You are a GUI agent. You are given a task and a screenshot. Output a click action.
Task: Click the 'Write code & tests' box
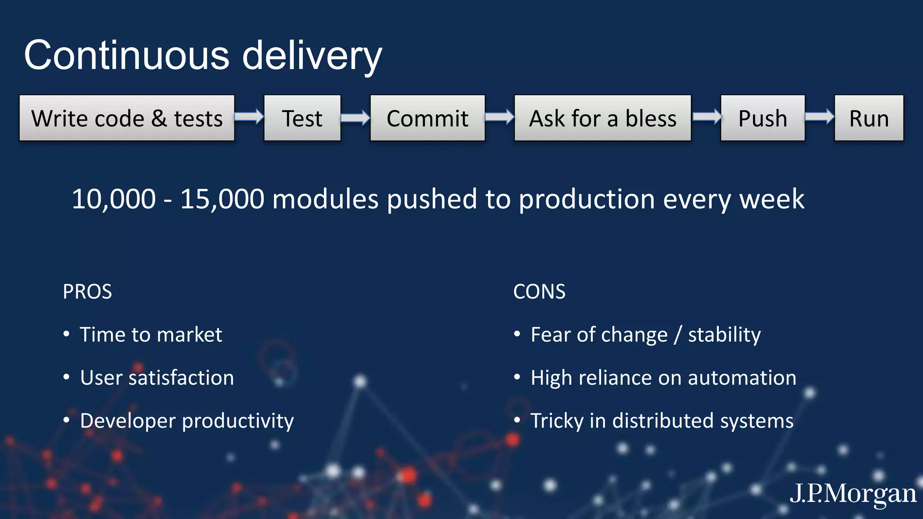point(127,118)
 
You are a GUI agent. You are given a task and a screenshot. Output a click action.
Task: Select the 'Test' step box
point(302,118)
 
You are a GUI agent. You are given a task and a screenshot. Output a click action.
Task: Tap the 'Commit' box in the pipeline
point(427,118)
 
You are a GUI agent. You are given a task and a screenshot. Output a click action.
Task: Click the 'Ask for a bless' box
point(602,118)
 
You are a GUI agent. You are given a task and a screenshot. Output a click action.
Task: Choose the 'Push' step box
point(763,118)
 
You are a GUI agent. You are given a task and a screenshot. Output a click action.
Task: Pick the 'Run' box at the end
point(868,118)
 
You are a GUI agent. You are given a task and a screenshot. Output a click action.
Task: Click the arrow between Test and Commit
point(355,118)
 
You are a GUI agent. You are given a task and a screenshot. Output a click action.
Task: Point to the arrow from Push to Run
point(819,117)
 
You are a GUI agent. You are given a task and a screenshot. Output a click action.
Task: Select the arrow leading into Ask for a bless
point(499,117)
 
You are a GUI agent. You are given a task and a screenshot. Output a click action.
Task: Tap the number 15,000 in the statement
point(222,199)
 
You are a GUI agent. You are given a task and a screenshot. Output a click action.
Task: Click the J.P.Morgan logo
point(853,493)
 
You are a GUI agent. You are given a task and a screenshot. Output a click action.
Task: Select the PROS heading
point(87,291)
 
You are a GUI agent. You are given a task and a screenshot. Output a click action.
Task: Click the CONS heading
point(539,291)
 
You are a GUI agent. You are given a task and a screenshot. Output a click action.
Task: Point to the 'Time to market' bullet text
point(151,335)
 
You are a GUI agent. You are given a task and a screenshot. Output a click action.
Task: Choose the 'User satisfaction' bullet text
point(157,378)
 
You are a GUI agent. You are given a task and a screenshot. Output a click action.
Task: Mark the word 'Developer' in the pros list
point(128,421)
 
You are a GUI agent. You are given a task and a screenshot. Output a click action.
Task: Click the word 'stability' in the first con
point(724,335)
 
